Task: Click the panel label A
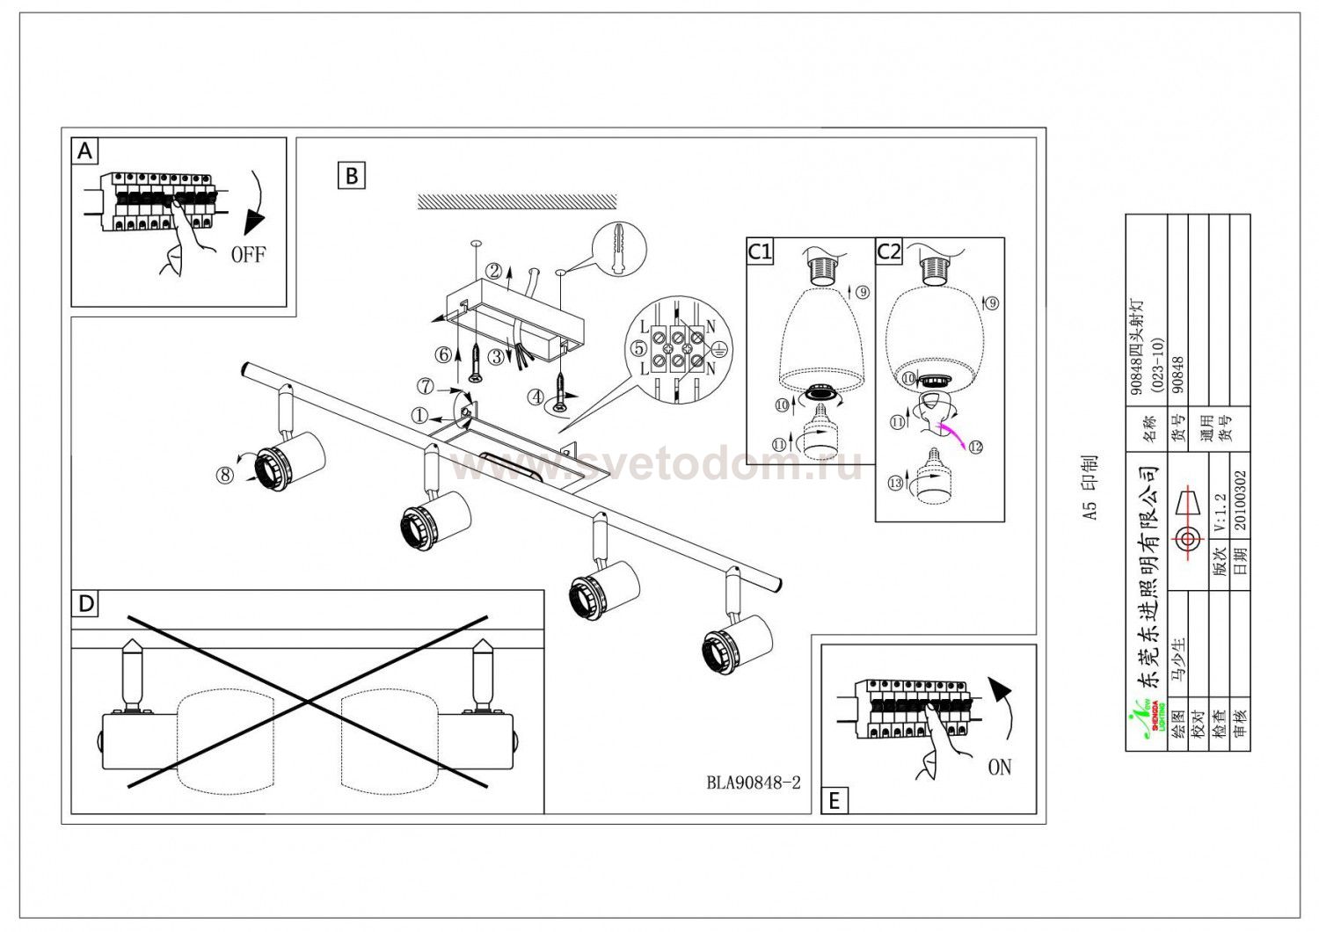click(x=84, y=152)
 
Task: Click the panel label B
click(x=352, y=176)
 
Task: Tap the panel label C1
click(x=760, y=252)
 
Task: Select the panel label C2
click(x=889, y=252)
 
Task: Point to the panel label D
click(x=85, y=604)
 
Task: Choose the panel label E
click(x=834, y=801)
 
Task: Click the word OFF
click(x=247, y=256)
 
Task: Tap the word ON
click(x=999, y=768)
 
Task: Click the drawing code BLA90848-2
click(x=754, y=783)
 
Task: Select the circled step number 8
click(x=224, y=475)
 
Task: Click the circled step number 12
click(x=976, y=446)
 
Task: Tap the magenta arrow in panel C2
click(x=951, y=433)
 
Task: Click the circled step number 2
click(x=495, y=271)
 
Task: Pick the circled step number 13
click(x=897, y=483)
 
